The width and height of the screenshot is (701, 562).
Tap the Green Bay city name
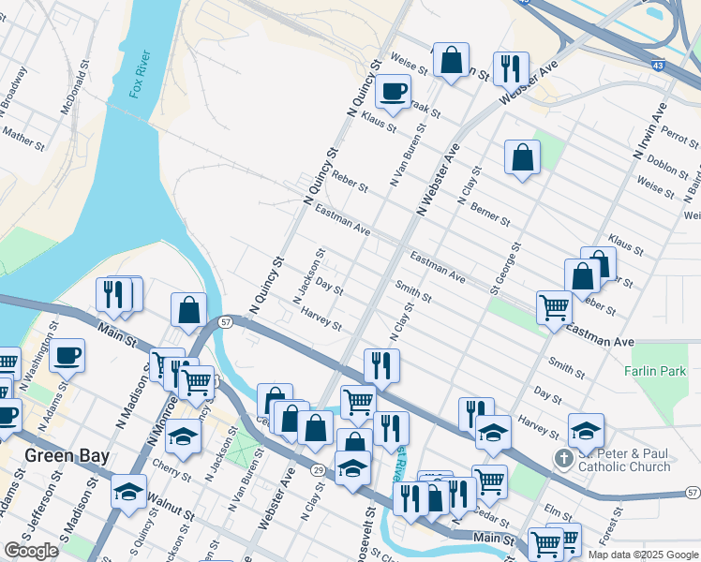pos(67,456)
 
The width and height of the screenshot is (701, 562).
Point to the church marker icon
pos(563,459)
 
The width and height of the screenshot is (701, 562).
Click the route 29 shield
pos(319,469)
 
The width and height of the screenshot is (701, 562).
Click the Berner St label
pos(490,214)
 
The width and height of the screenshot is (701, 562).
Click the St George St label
pos(507,268)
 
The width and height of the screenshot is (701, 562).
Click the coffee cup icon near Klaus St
pos(393,92)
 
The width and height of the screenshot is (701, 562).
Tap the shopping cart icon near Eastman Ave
pos(554,306)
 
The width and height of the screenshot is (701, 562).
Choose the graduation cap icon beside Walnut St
pos(128,491)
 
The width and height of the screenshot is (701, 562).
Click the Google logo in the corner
pos(31,551)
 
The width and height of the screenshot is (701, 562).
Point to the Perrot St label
pos(679,137)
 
